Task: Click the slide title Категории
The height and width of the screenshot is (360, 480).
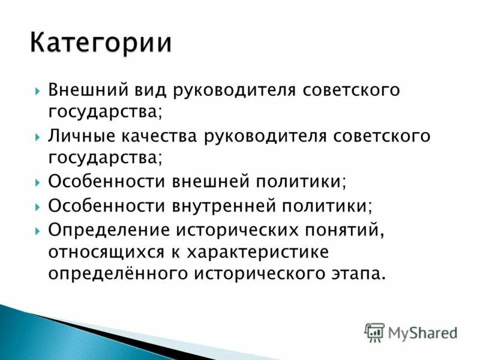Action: click(101, 44)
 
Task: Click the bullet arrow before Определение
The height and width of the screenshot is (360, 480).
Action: click(37, 229)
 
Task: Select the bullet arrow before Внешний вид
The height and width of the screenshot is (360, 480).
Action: click(37, 91)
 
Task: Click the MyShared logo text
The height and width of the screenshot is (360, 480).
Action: click(422, 332)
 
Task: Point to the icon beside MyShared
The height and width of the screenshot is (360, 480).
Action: click(374, 332)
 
